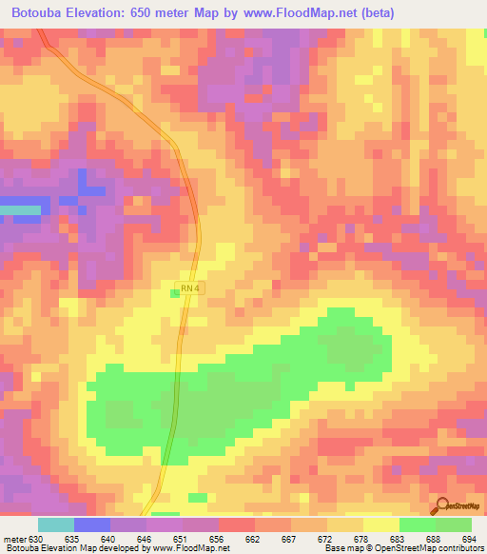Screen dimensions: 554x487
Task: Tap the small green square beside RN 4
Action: pos(175,293)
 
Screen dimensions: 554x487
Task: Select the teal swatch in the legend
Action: pos(55,524)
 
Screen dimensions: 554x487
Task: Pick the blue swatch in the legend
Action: pos(91,524)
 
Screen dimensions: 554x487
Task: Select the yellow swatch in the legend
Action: pos(380,524)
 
